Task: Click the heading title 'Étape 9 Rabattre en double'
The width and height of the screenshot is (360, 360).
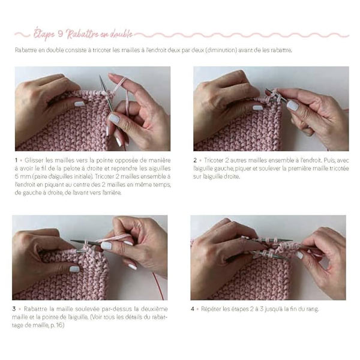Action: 83,34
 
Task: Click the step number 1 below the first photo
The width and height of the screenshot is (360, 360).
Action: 16,160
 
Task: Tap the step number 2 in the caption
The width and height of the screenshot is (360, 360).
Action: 195,160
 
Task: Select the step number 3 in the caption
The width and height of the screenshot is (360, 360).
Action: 14,309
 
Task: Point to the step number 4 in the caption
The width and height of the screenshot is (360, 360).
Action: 193,309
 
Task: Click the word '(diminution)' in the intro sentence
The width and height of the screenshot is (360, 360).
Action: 221,50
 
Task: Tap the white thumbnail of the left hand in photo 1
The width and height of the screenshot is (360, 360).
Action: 80,104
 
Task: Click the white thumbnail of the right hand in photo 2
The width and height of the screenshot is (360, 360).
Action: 293,106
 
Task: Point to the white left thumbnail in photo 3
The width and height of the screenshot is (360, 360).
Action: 74,269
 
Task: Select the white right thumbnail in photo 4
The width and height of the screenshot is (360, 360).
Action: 299,255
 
